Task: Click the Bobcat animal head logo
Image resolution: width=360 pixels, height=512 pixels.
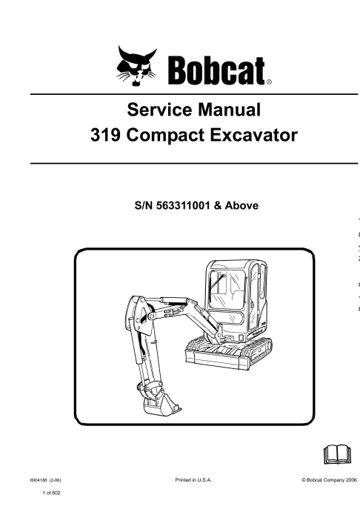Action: pyautogui.click(x=136, y=66)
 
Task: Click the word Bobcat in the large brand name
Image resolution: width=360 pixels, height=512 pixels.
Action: pyautogui.click(x=216, y=71)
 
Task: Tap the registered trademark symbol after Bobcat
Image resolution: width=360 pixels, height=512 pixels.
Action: pyautogui.click(x=269, y=82)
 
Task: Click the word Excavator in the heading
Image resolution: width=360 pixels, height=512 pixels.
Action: pyautogui.click(x=253, y=135)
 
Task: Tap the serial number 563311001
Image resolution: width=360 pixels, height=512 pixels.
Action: pyautogui.click(x=183, y=205)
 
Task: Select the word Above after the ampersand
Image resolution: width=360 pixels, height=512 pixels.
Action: pyautogui.click(x=241, y=205)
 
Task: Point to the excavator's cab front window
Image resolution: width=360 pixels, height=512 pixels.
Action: pyautogui.click(x=226, y=290)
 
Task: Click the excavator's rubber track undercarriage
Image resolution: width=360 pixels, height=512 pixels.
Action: pyautogui.click(x=228, y=353)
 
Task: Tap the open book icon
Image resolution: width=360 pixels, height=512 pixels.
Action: pyautogui.click(x=338, y=454)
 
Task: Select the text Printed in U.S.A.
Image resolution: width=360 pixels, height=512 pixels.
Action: pyautogui.click(x=193, y=480)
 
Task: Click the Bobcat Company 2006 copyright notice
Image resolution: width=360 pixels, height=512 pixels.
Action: pyautogui.click(x=329, y=480)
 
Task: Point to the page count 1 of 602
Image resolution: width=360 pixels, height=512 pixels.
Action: pyautogui.click(x=52, y=493)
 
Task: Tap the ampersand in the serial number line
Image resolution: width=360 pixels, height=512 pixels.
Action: pyautogui.click(x=217, y=206)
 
